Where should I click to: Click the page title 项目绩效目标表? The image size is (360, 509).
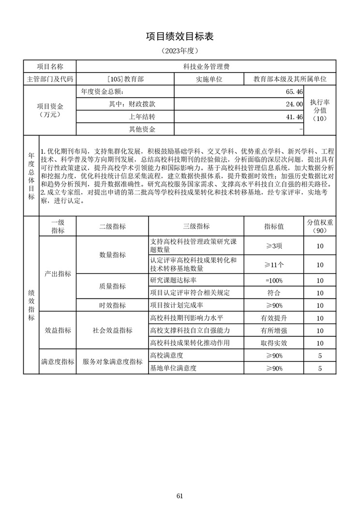point(180,37)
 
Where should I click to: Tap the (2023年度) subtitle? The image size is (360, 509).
point(180,50)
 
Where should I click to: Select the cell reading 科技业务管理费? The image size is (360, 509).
point(206,67)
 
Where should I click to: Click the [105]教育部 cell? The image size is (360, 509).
point(125,79)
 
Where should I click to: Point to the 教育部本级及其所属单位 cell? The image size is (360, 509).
point(290,79)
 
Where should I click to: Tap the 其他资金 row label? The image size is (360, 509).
point(142,129)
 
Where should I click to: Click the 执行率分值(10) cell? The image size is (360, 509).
point(320,110)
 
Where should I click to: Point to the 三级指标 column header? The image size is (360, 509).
point(196,226)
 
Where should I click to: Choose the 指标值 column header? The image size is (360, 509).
point(274,226)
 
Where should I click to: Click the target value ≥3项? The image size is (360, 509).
point(274,246)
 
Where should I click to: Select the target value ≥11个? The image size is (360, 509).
point(274,265)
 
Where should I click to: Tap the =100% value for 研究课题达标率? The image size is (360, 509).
point(274,281)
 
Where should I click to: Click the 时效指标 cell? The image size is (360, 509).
point(112,305)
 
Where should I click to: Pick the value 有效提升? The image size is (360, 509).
point(274,318)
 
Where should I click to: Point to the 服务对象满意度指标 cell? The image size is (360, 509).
point(112,362)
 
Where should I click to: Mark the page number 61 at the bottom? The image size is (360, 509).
point(180,495)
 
